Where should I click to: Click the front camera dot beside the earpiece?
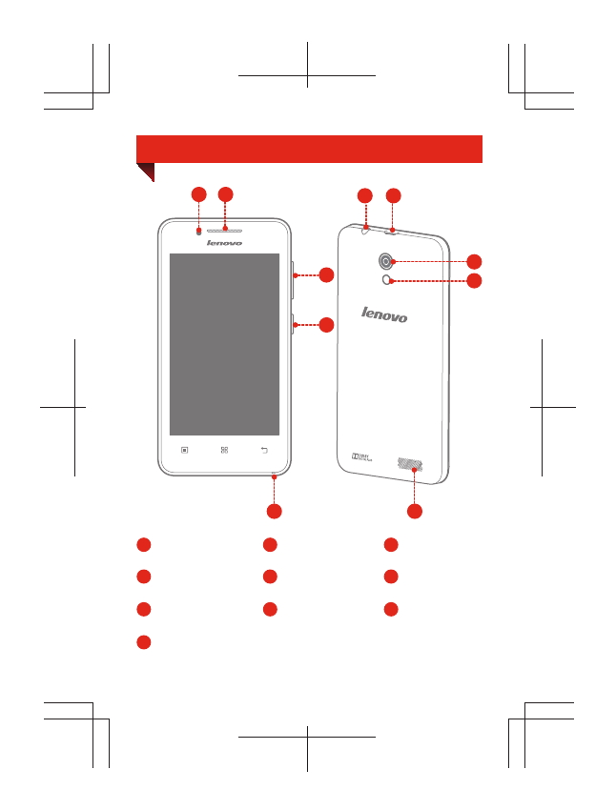[x=198, y=230]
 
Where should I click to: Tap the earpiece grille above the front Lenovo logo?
[x=225, y=229]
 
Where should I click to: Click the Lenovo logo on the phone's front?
[x=225, y=243]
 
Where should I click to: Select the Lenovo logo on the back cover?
[x=384, y=314]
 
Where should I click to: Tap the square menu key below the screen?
[x=185, y=450]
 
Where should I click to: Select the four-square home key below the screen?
[x=225, y=450]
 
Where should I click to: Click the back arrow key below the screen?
[x=265, y=450]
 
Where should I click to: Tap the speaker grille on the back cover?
[x=409, y=464]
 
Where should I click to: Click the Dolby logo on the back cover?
[x=362, y=459]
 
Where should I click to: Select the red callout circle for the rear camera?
[x=474, y=261]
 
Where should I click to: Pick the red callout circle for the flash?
[x=474, y=280]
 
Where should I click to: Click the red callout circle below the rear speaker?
[x=415, y=512]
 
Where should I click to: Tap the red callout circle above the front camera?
[x=198, y=194]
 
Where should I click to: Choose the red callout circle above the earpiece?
[x=225, y=194]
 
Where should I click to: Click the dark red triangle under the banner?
[x=145, y=172]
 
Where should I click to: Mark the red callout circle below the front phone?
[x=274, y=512]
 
